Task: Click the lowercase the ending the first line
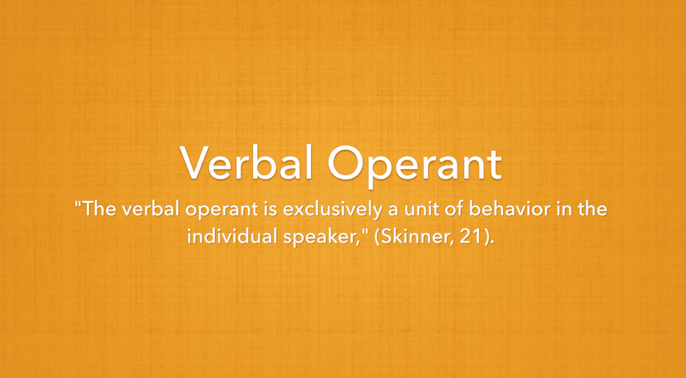593,210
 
